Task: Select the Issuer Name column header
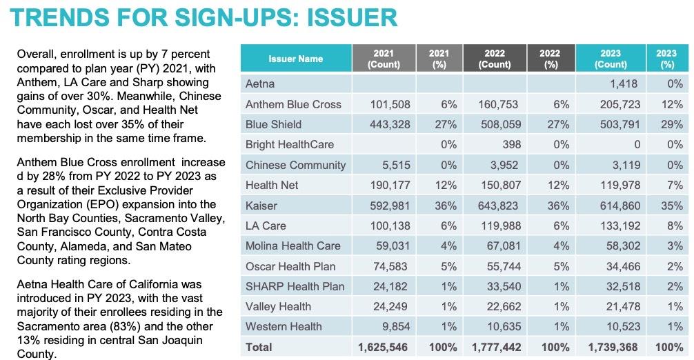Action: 295,59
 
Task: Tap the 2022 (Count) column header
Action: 495,59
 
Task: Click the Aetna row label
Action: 260,84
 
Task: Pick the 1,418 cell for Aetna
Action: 623,84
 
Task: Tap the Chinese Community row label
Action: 296,165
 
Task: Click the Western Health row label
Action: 284,326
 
